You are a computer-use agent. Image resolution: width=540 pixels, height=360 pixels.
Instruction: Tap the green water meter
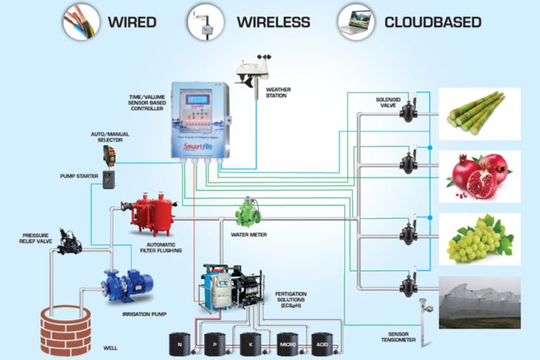[248, 211]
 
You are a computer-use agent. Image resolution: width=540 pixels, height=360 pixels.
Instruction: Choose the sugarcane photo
[480, 113]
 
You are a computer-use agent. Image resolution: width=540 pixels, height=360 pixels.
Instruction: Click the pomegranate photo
[480, 176]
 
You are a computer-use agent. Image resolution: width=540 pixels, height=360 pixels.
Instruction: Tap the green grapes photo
[480, 238]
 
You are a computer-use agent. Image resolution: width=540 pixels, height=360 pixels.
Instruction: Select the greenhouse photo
[480, 302]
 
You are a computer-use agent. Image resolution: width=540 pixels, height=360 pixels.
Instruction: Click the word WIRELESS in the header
[273, 22]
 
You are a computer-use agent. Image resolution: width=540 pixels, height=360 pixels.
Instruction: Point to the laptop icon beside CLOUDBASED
[355, 20]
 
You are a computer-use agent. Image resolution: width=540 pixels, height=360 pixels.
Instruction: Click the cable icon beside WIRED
[79, 20]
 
